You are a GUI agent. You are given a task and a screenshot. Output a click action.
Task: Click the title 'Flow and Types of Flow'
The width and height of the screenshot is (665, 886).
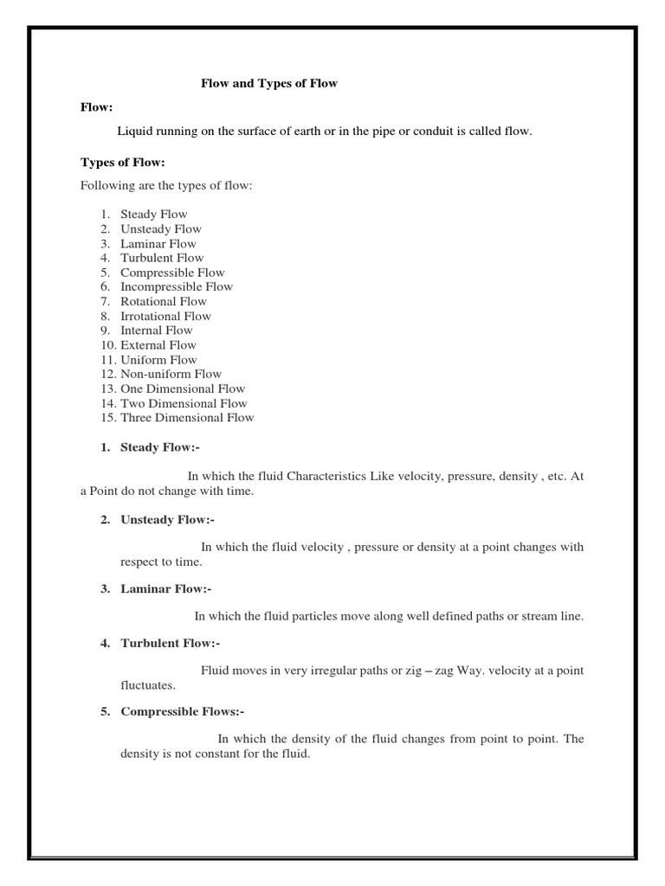coord(268,84)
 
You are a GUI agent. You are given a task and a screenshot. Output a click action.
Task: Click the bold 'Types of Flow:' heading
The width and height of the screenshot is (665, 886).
coord(122,162)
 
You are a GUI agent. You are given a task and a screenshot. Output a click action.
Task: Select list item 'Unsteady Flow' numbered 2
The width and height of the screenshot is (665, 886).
coord(161,229)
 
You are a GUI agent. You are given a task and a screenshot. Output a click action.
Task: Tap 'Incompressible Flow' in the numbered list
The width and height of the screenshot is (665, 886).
coord(177,286)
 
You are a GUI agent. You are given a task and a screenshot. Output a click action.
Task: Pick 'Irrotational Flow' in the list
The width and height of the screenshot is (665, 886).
coord(165,316)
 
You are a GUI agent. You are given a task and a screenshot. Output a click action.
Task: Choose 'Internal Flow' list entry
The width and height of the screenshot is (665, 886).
coord(157,331)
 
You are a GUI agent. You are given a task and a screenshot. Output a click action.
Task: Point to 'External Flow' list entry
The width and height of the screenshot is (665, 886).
coord(158,345)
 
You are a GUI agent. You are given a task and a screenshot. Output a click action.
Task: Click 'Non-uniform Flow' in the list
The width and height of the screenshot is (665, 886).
coord(171,374)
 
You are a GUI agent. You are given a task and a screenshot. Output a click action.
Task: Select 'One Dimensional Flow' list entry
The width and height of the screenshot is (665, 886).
coord(183,388)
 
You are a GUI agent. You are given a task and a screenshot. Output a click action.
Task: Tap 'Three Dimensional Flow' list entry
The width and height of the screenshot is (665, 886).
coord(187,418)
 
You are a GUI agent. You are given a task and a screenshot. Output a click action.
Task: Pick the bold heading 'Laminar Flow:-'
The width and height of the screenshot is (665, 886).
coord(165,589)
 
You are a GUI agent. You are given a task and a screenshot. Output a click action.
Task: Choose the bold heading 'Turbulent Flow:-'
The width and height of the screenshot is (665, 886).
coord(171,643)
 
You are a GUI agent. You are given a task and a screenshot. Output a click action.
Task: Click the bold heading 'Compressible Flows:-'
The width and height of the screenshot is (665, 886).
coord(183,712)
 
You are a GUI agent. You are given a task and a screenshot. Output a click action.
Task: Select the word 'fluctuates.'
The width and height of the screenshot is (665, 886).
coord(148,685)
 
